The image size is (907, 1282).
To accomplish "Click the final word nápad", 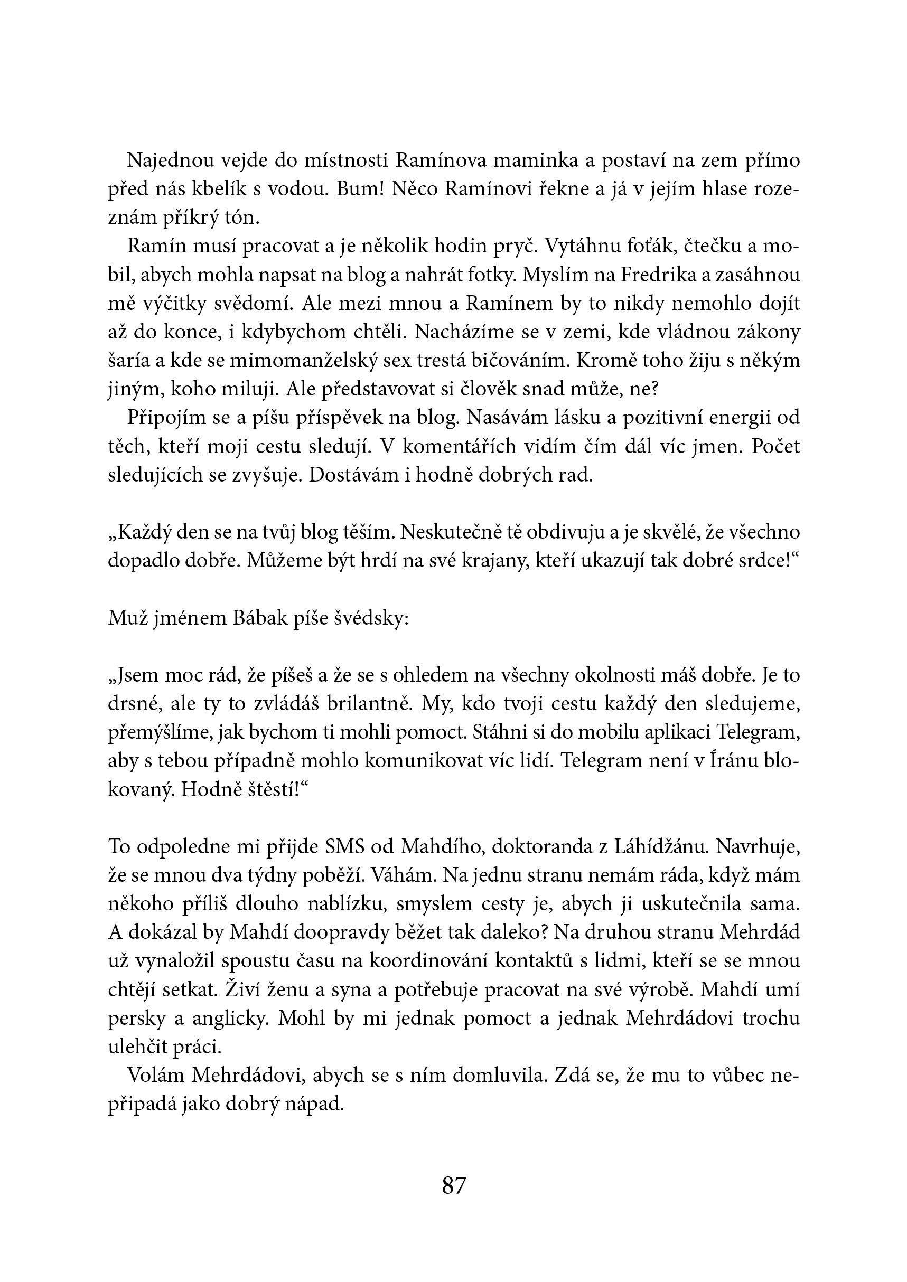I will [318, 1104].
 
